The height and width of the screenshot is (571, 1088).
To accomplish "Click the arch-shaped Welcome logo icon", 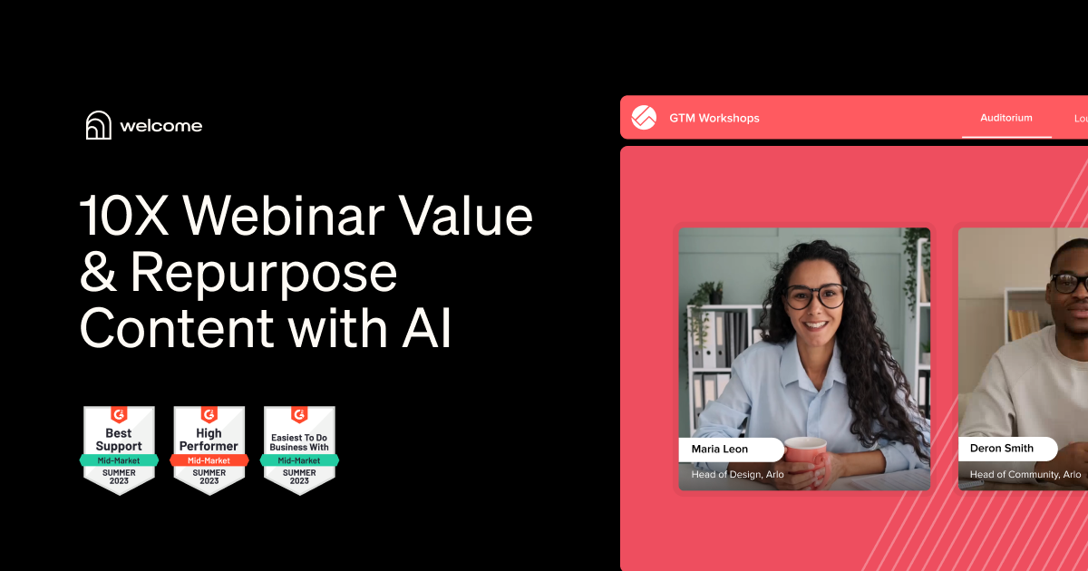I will pos(98,125).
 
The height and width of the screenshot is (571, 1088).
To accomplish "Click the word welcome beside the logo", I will pos(161,126).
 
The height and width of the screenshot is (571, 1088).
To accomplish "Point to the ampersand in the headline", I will pos(99,273).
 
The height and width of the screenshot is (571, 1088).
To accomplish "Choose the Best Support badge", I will pos(119,450).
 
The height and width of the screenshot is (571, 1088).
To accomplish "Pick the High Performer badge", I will pos(209,450).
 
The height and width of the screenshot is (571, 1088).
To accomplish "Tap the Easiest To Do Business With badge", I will pos(299,450).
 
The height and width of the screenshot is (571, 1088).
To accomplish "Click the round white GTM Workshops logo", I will pos(644,118).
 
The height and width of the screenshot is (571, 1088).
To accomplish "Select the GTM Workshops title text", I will pos(714,118).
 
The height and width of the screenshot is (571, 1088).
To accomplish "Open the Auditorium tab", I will pos(1005,118).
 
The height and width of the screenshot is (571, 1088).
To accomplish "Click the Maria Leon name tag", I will pos(730,449).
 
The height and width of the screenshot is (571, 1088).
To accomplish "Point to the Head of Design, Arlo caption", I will pos(737,474).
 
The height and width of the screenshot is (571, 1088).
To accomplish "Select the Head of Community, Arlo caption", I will pos(1025,474).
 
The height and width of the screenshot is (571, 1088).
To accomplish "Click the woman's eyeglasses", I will pos(815,295).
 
